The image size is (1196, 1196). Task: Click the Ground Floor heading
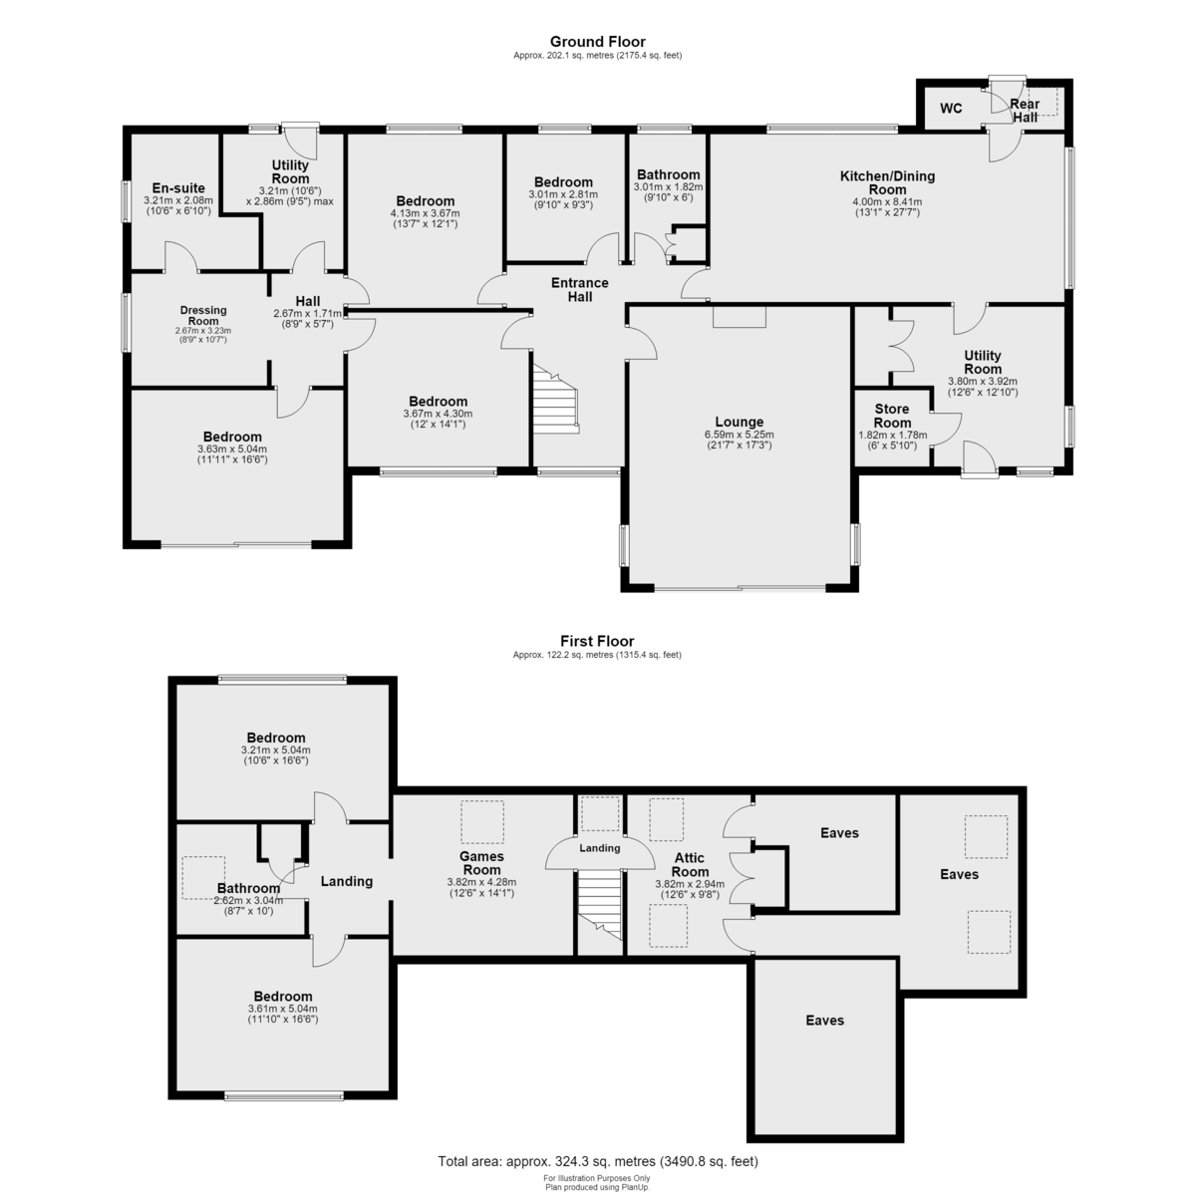click(x=598, y=42)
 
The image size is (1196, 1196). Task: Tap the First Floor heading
click(x=597, y=641)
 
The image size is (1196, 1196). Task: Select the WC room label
click(x=951, y=109)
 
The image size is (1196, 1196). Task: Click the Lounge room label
click(x=739, y=422)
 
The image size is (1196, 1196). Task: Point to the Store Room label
click(x=892, y=416)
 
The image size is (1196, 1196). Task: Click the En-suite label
click(x=178, y=188)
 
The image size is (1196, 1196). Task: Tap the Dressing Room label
click(x=203, y=315)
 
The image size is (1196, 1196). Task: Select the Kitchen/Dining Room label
click(x=888, y=182)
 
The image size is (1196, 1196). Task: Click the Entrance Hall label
click(x=580, y=290)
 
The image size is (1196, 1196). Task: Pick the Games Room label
click(x=481, y=863)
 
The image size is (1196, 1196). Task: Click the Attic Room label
click(x=689, y=864)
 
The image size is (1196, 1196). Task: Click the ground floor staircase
click(x=555, y=399)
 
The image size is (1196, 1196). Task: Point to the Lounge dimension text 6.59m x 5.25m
click(x=739, y=435)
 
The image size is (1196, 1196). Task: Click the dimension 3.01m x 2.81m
click(x=563, y=194)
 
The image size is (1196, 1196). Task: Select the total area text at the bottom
click(x=598, y=1161)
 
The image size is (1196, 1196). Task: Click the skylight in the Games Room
click(x=482, y=821)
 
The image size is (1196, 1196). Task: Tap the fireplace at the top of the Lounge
click(x=740, y=317)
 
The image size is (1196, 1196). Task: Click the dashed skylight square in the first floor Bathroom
click(x=203, y=878)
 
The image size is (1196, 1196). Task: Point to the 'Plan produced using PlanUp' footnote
click(x=598, y=1187)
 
